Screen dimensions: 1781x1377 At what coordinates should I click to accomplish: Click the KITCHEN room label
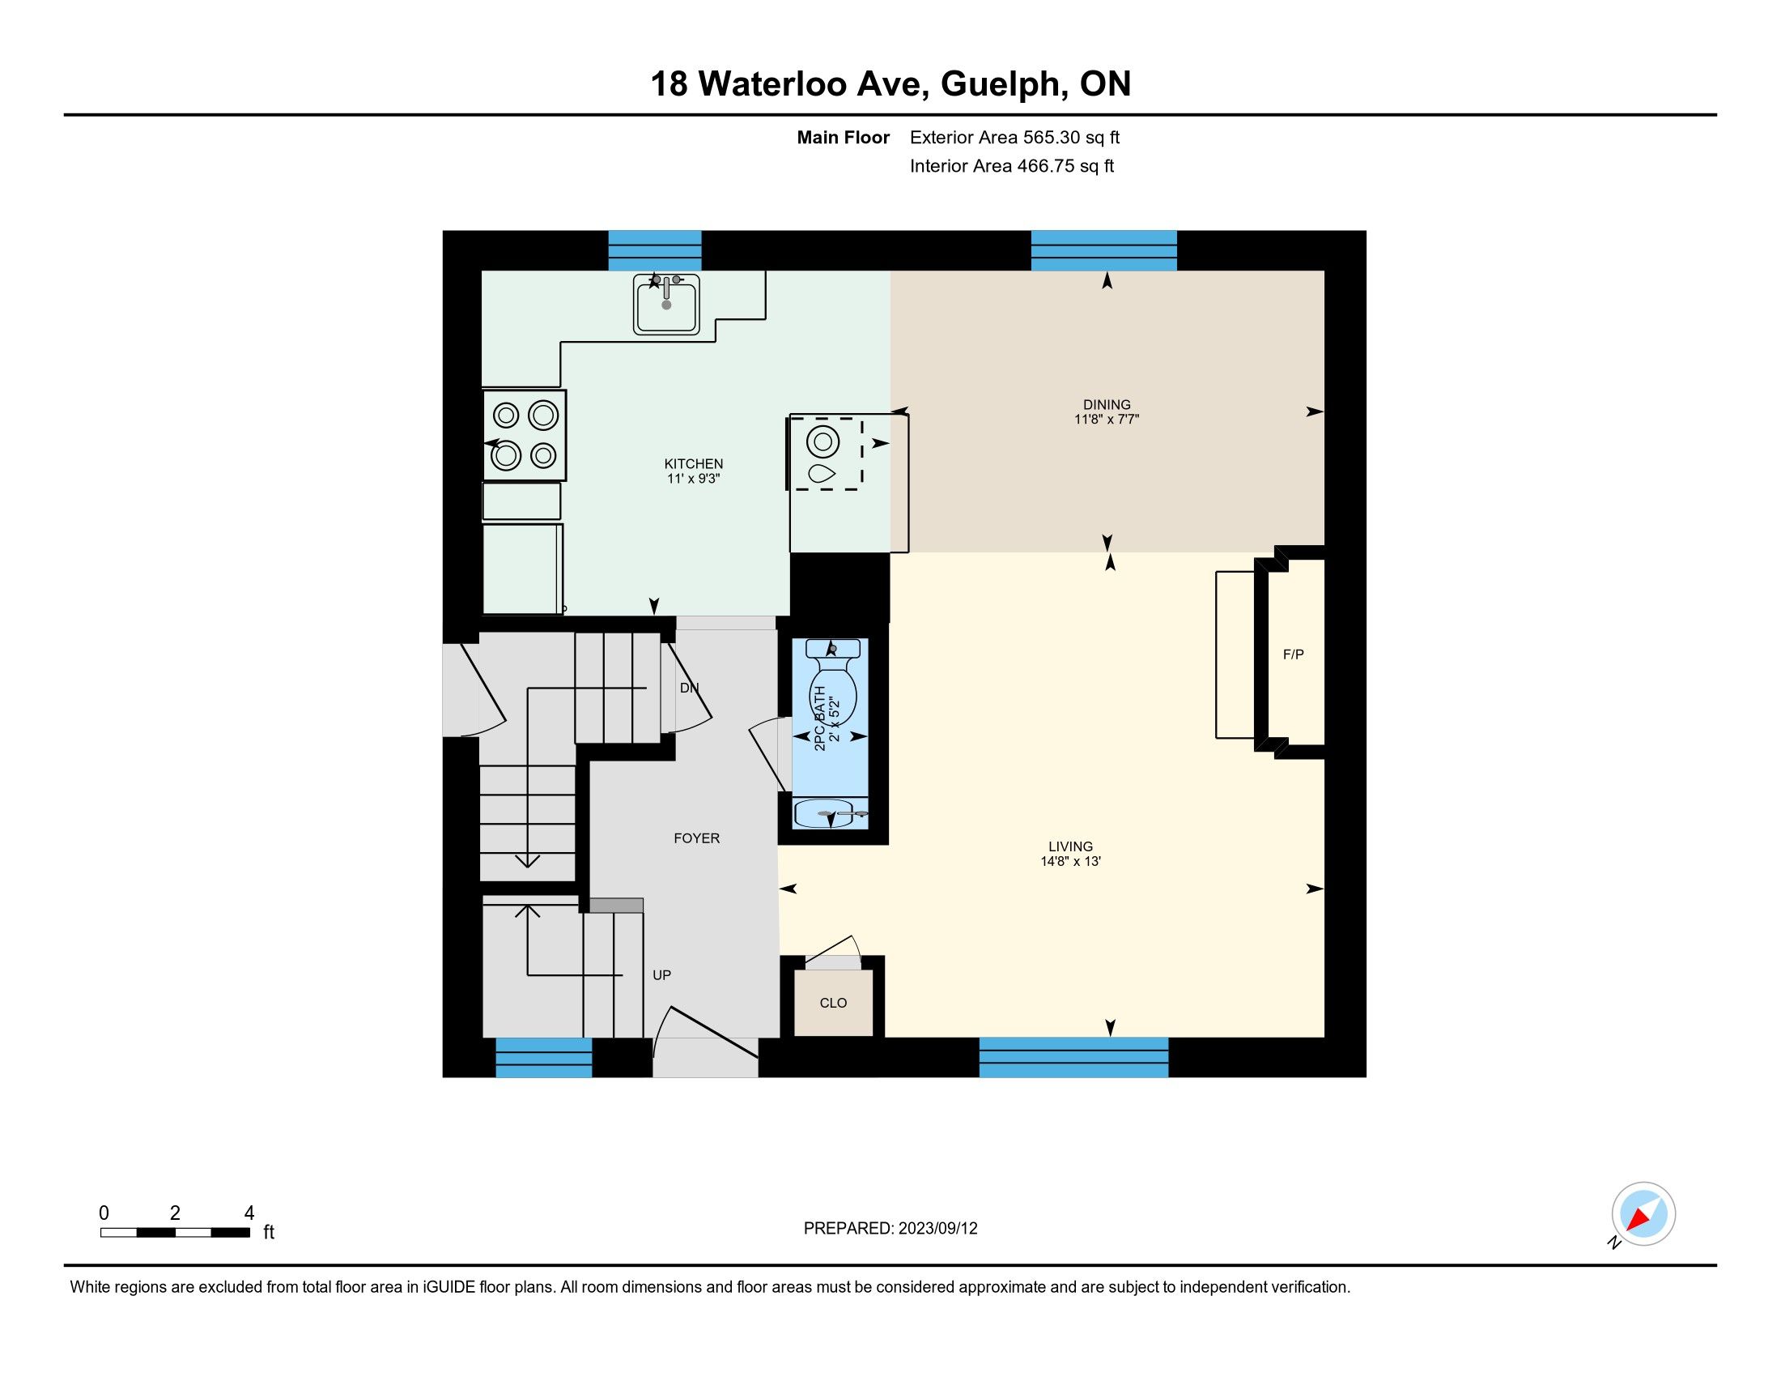[x=693, y=463]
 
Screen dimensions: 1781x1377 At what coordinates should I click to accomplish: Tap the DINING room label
[x=1107, y=405]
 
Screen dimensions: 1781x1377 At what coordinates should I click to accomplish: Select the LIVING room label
[x=1070, y=846]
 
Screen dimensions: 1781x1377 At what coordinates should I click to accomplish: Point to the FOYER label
[x=696, y=838]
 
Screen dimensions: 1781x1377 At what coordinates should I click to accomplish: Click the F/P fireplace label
[x=1294, y=654]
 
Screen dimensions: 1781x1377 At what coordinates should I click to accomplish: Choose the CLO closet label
[x=832, y=1003]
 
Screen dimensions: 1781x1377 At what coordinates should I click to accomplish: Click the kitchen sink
[x=666, y=305]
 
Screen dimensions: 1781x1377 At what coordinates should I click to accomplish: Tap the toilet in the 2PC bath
[x=831, y=682]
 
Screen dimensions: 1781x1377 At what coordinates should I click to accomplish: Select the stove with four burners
[x=525, y=436]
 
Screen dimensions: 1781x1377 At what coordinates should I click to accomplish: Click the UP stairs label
[x=661, y=974]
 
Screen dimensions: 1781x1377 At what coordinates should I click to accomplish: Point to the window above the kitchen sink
[x=655, y=250]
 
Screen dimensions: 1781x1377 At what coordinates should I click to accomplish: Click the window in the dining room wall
[x=1103, y=250]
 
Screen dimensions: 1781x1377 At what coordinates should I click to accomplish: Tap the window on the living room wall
[x=1073, y=1057]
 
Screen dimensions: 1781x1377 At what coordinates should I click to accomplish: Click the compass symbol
[x=1643, y=1213]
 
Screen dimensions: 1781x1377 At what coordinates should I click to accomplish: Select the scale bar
[x=176, y=1233]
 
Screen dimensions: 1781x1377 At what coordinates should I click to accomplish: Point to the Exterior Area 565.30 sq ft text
[x=1014, y=137]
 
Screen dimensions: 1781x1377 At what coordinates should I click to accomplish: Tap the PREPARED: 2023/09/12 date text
[x=890, y=1229]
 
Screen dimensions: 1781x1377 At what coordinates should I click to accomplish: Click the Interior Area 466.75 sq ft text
[x=1011, y=165]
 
